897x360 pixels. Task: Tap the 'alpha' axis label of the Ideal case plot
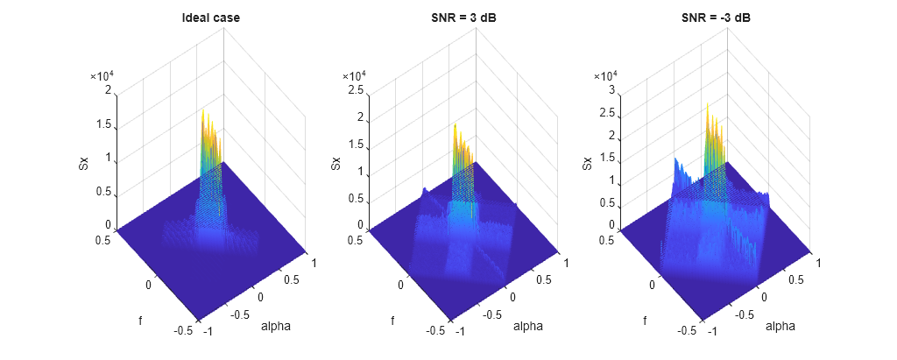click(276, 327)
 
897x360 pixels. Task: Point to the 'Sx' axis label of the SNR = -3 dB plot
click(589, 163)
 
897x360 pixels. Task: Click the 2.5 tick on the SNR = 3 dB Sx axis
click(357, 90)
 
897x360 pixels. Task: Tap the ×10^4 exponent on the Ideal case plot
click(103, 76)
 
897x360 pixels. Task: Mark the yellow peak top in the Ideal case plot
click(202, 112)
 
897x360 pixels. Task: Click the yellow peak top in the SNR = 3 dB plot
click(455, 125)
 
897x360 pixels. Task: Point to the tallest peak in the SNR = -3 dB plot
click(707, 105)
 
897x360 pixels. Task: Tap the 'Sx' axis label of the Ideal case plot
click(84, 163)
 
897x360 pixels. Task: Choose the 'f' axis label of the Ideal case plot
click(140, 321)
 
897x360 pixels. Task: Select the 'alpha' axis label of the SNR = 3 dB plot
click(528, 327)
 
